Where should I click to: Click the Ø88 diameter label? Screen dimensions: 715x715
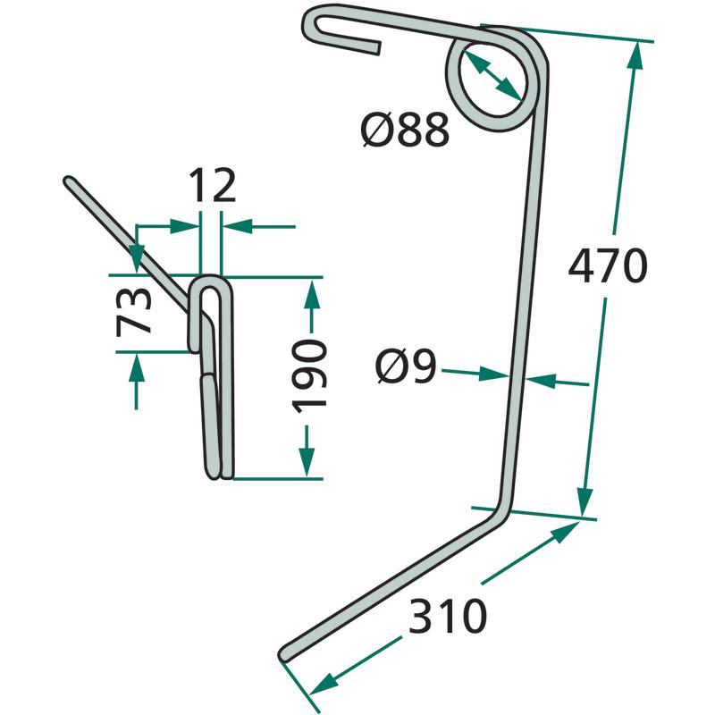pos(405,130)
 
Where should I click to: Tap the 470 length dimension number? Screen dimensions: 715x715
pos(608,266)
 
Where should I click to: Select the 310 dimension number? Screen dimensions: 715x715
pos(448,616)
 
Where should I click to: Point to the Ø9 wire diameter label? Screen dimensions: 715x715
pos(406,366)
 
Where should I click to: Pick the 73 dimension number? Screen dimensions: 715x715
pos(133,312)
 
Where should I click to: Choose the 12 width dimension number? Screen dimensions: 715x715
pos(213,185)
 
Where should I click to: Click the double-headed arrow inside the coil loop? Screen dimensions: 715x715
pos(492,74)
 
